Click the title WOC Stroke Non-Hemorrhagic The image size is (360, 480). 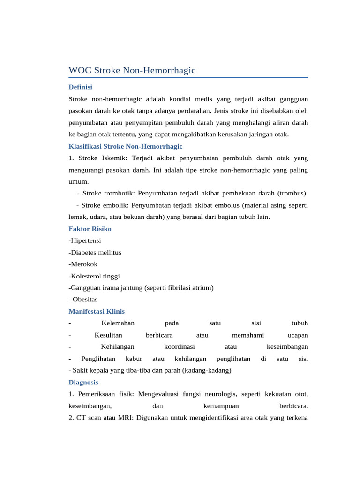tap(132, 70)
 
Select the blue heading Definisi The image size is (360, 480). tap(80, 87)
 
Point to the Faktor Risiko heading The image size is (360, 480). tap(90, 229)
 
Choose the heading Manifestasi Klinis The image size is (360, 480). tap(97, 311)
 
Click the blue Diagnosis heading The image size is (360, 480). tap(83, 382)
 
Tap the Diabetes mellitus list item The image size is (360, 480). tap(95, 252)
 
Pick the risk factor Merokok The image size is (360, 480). tap(83, 264)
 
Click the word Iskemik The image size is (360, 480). tap(115, 158)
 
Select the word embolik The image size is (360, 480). tap(113, 205)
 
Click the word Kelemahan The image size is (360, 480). tap(118, 323)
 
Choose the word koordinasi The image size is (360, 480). tap(180, 346)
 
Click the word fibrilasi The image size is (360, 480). tap(180, 287)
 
